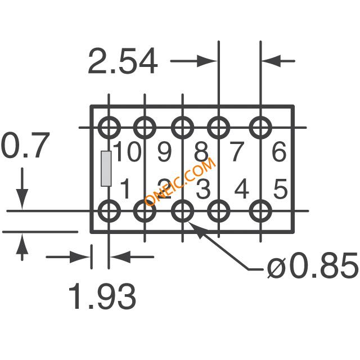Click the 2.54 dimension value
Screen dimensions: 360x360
click(123, 61)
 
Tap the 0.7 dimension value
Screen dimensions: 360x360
click(25, 145)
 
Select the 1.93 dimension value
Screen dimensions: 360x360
click(102, 296)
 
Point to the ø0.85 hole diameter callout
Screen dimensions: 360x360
click(313, 265)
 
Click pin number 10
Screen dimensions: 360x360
click(127, 151)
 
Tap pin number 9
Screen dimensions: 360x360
click(165, 152)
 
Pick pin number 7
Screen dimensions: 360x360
click(236, 152)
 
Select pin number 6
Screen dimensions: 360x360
click(279, 152)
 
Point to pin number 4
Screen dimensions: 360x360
click(242, 189)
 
